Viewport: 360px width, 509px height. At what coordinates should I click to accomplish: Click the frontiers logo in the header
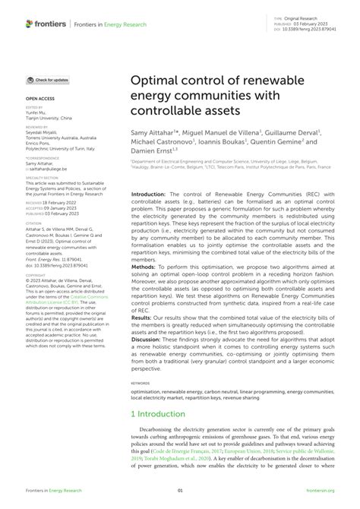46,24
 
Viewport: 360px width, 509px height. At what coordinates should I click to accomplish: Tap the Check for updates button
48,80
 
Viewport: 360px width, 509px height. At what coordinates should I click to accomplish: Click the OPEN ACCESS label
39,99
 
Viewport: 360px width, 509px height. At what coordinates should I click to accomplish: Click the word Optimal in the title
157,80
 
